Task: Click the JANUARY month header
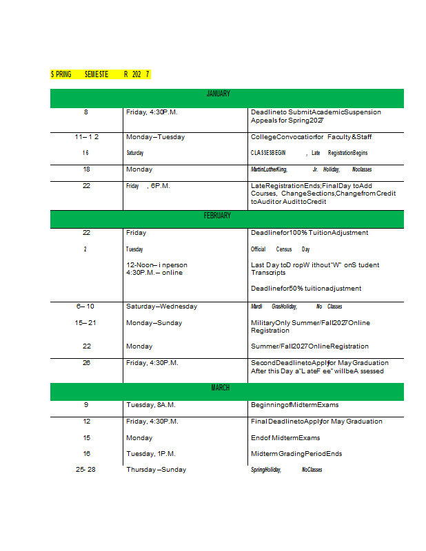[x=218, y=94]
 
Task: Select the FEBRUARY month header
[x=217, y=216]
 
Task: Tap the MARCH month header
[x=220, y=388]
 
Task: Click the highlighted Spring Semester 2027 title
[x=100, y=74]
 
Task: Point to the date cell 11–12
[x=86, y=137]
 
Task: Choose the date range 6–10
[x=85, y=306]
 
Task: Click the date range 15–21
[x=85, y=322]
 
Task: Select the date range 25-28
[x=85, y=470]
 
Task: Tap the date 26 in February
[x=86, y=363]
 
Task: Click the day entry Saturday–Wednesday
[x=161, y=306]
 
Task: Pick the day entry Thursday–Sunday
[x=156, y=470]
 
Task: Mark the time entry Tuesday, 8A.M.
[x=150, y=405]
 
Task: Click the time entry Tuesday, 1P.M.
[x=150, y=454]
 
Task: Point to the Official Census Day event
[x=280, y=249]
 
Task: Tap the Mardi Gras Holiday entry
[x=296, y=306]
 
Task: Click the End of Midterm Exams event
[x=285, y=438]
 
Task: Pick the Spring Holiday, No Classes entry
[x=286, y=470]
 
